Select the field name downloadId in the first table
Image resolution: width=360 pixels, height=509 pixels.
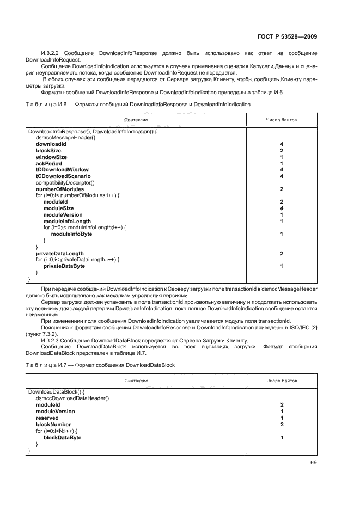pyautogui.click(x=51, y=144)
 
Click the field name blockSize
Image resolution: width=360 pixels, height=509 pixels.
pyautogui.click(x=48, y=151)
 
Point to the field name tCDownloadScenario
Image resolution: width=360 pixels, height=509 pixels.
pyautogui.click(x=63, y=176)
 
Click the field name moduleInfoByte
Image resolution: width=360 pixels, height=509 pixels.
pyautogui.click(x=71, y=234)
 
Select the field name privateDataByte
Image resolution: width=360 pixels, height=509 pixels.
pyautogui.click(x=64, y=266)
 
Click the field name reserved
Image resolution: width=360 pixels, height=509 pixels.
pyautogui.click(x=47, y=418)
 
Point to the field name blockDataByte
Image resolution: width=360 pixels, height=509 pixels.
pyautogui.click(x=62, y=437)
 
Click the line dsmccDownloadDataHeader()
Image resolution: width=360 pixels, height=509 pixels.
pyautogui.click(x=72, y=398)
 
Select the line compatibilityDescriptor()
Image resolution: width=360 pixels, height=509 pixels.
pyautogui.click(x=65, y=183)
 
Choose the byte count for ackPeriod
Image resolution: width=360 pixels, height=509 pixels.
pyautogui.click(x=282, y=164)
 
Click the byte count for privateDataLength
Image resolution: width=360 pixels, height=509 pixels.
pyautogui.click(x=282, y=254)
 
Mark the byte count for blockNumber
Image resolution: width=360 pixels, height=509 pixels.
pyautogui.click(x=282, y=424)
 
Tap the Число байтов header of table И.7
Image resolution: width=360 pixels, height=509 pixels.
pyautogui.click(x=282, y=381)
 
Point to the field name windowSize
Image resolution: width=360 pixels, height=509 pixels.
pyautogui.click(x=51, y=157)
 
